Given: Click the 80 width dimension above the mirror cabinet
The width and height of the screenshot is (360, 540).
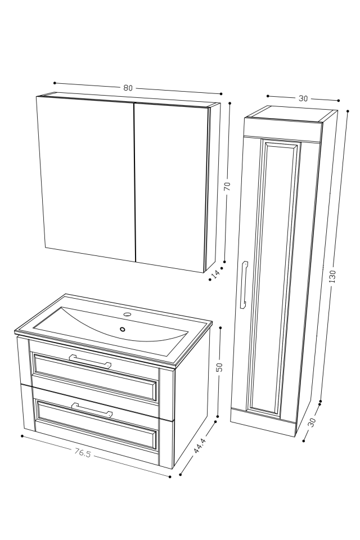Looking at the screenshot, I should click(128, 88).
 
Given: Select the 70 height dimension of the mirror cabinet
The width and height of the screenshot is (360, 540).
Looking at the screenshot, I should click(227, 186).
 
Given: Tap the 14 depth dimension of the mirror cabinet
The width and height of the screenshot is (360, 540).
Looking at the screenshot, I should click(215, 274).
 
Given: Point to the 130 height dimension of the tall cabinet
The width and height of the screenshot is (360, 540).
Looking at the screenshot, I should click(332, 276).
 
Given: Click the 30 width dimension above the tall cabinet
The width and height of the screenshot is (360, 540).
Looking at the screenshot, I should click(303, 98).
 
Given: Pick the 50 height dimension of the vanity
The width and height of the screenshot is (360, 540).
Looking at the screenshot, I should click(219, 367).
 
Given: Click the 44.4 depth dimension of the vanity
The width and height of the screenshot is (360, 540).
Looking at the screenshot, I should click(198, 446).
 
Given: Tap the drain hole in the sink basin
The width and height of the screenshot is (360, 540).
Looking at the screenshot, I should click(123, 329).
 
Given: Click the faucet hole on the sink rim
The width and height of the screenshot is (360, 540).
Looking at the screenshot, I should click(127, 314).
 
